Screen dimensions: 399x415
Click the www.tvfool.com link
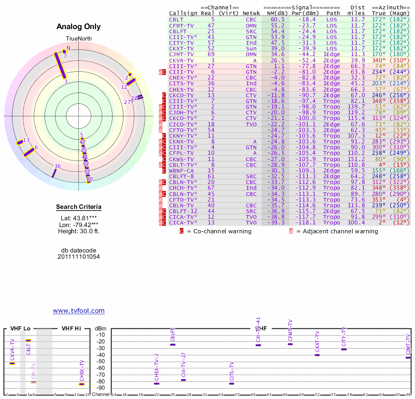coord(79,311)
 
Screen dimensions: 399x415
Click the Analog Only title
coord(79,27)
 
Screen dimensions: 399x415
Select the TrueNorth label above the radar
coord(78,39)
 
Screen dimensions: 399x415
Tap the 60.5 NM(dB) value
coord(278,19)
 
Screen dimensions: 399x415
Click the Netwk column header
coord(251,12)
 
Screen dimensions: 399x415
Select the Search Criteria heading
coord(79,207)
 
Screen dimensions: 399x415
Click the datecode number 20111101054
coord(79,257)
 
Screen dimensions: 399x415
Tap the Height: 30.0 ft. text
coord(79,231)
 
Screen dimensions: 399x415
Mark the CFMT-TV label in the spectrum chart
coord(290,330)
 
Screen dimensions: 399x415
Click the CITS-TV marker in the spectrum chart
coord(231,383)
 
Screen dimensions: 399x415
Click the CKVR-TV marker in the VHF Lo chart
coord(12,363)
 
